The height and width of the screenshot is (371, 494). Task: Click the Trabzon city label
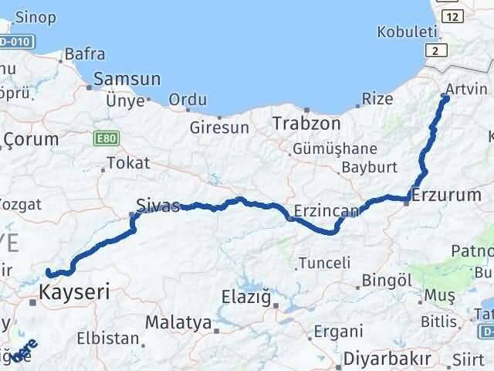306,123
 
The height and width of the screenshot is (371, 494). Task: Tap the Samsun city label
127,79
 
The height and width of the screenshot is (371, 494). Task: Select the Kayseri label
74,292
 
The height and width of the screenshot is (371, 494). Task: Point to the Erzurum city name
447,196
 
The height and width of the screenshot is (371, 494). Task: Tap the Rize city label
379,100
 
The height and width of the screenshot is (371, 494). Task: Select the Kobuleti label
402,32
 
